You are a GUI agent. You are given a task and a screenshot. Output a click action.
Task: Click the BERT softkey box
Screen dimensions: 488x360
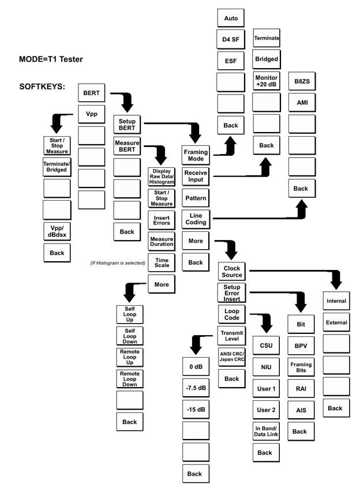(91, 92)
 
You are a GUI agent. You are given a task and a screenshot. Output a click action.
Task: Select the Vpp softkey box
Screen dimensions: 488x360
(91, 114)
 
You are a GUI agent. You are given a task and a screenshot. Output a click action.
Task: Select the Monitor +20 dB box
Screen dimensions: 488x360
(267, 81)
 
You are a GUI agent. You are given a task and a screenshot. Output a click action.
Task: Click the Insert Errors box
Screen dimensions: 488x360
(161, 219)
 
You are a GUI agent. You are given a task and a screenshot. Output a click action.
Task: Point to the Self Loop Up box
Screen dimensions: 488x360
(130, 314)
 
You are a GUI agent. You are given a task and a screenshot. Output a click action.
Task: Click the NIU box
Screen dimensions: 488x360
(265, 367)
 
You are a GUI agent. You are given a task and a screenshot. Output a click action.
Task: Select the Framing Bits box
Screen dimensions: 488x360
(301, 369)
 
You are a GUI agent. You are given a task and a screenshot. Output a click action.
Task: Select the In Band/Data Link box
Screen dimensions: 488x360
(265, 431)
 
